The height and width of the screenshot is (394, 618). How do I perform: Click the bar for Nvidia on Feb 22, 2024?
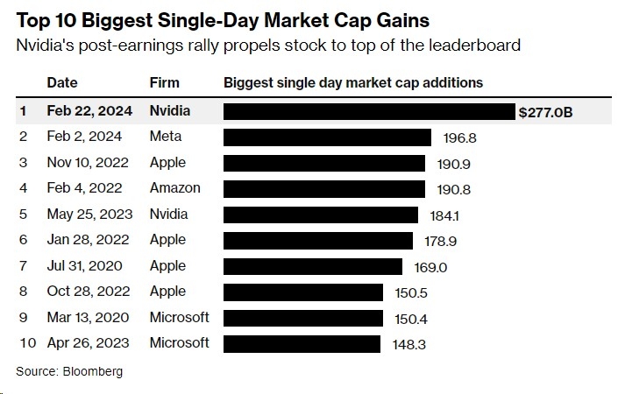pyautogui.click(x=369, y=111)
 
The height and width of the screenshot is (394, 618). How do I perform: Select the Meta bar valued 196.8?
pyautogui.click(x=327, y=137)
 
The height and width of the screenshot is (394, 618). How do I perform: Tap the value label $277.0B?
pyautogui.click(x=545, y=112)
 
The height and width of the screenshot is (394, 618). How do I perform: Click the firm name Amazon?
pyautogui.click(x=175, y=188)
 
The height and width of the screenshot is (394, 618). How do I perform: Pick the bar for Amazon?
pyautogui.click(x=324, y=188)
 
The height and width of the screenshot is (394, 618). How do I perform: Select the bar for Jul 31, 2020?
pyautogui.click(x=313, y=266)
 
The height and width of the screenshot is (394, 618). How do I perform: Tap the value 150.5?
pyautogui.click(x=409, y=292)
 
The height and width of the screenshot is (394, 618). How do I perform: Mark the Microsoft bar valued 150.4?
pyautogui.click(x=303, y=318)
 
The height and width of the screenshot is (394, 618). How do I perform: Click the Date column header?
pyautogui.click(x=61, y=83)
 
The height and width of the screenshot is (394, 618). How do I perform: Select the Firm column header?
pyautogui.click(x=165, y=83)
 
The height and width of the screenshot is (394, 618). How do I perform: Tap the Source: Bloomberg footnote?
pyautogui.click(x=69, y=371)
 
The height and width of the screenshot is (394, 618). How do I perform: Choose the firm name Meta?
pyautogui.click(x=167, y=137)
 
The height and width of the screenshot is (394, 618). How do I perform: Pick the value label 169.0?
pyautogui.click(x=430, y=266)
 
